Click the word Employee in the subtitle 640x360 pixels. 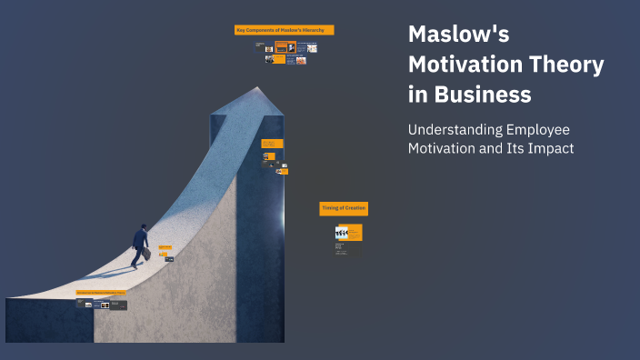tap(534, 129)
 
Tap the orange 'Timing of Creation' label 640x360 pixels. tap(344, 209)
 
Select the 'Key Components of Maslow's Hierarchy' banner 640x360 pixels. tap(285, 30)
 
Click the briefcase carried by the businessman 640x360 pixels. tap(146, 255)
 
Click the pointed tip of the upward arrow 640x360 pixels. tap(258, 89)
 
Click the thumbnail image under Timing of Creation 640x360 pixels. tap(341, 233)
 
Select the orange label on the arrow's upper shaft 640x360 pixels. tap(272, 144)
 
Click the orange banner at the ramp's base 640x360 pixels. tap(100, 293)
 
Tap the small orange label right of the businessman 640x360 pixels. tap(165, 247)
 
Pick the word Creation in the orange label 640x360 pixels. tap(353, 209)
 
